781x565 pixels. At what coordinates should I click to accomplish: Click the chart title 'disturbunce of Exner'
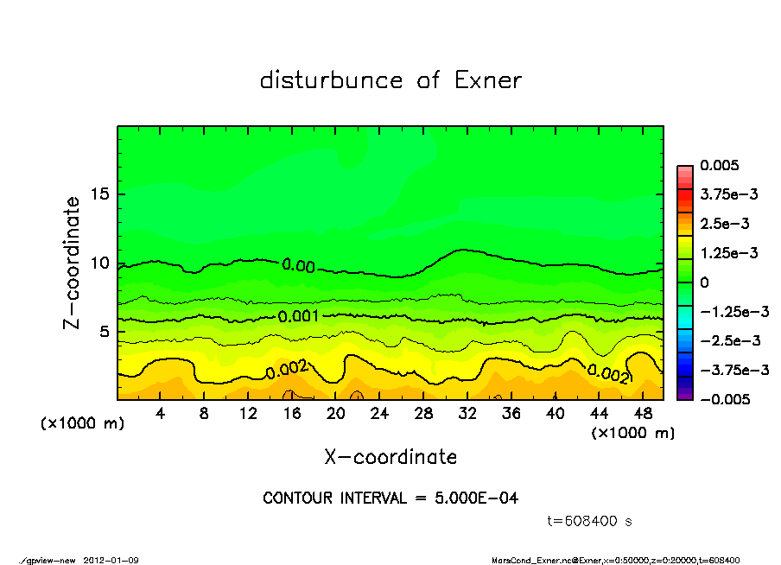pos(390,80)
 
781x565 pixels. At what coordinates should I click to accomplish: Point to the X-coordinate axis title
pos(390,456)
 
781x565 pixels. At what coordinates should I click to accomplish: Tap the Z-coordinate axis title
pos(73,263)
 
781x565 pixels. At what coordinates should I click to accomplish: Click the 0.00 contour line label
pos(298,265)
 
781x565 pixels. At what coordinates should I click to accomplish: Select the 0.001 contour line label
pos(299,317)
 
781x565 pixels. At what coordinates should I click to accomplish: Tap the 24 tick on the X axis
pos(380,414)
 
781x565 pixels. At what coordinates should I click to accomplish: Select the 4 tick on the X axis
pos(161,414)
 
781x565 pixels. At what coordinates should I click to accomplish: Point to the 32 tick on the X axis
pos(467,414)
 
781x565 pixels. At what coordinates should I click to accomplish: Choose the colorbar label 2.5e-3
pos(724,224)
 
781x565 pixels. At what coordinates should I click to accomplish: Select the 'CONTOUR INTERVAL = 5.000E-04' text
pos(390,498)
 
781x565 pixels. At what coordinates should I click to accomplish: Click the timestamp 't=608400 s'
pos(591,521)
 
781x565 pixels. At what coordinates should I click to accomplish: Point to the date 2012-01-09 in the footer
pos(111,560)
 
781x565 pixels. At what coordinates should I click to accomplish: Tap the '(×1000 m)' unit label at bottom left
pos(83,424)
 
